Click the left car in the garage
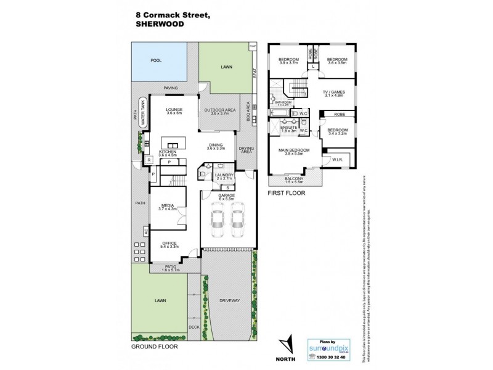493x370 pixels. click(217, 224)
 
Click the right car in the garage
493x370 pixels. click(237, 224)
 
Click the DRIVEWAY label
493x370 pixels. click(229, 300)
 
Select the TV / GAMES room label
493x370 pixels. click(333, 92)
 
